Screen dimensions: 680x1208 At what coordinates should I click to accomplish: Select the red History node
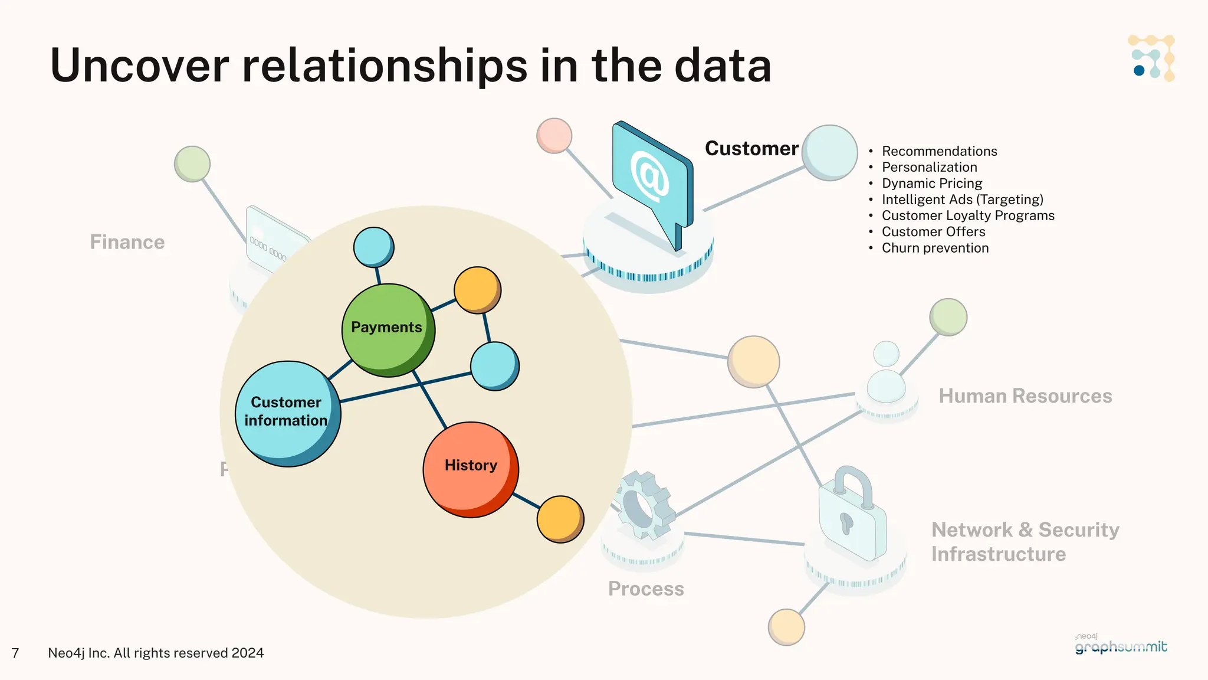pos(470,469)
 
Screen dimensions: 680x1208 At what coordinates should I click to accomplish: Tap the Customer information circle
pos(287,413)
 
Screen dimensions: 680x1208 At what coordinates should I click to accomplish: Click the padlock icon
pos(852,516)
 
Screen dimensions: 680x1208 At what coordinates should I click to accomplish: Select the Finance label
pos(127,242)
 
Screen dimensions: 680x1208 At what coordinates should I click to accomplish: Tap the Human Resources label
pos(1025,395)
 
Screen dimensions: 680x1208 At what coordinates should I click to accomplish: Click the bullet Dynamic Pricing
pos(931,183)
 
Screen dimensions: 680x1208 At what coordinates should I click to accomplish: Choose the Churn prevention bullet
pos(935,248)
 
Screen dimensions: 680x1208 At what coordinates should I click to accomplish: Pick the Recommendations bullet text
pos(939,151)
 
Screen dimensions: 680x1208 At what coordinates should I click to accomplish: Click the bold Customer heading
pos(751,148)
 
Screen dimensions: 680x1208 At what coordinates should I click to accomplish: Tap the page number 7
pos(15,653)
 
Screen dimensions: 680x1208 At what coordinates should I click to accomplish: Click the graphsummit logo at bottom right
pos(1120,645)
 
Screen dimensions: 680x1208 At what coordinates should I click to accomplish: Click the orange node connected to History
pos(560,518)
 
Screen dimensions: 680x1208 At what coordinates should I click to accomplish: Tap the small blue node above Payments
pos(373,247)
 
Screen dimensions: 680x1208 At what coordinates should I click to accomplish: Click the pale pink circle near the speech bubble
pos(554,135)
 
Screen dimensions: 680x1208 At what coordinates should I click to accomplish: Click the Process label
pos(646,589)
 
